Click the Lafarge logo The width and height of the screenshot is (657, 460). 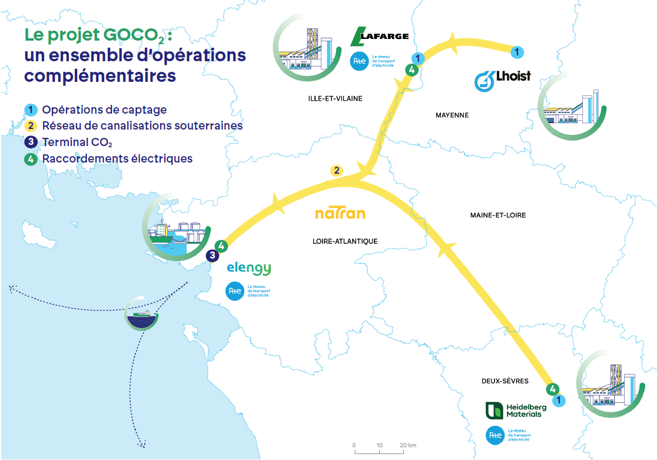pyautogui.click(x=379, y=37)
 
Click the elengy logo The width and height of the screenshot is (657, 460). pyautogui.click(x=249, y=269)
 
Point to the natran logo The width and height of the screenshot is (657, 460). pyautogui.click(x=340, y=213)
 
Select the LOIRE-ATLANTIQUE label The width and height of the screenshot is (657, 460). pyautogui.click(x=345, y=241)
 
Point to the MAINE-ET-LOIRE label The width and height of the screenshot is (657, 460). pyautogui.click(x=497, y=215)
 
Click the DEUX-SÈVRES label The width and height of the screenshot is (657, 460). pyautogui.click(x=504, y=381)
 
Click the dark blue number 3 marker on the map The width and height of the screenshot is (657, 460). pyautogui.click(x=213, y=256)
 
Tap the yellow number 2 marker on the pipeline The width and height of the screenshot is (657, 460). pyautogui.click(x=336, y=171)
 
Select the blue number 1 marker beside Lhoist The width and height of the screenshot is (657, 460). pyautogui.click(x=516, y=53)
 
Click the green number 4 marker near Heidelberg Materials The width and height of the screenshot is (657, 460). pyautogui.click(x=552, y=389)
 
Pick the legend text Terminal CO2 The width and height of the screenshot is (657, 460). pyautogui.click(x=77, y=142)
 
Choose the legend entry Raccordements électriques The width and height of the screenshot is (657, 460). pyautogui.click(x=117, y=158)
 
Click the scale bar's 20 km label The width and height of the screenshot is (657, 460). pyautogui.click(x=408, y=445)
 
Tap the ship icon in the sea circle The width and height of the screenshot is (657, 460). pyautogui.click(x=142, y=313)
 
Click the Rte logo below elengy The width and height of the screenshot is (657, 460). pyautogui.click(x=235, y=291)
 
